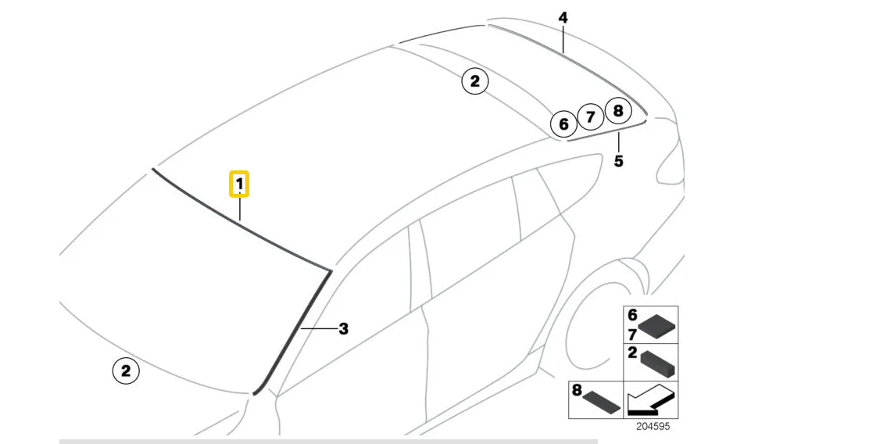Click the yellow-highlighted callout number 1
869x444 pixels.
click(239, 184)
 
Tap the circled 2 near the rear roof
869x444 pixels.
click(474, 81)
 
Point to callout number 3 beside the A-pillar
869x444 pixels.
click(343, 329)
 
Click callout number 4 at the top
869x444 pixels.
click(563, 17)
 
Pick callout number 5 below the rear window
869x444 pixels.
click(618, 161)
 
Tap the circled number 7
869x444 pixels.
click(590, 118)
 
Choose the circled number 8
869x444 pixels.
click(617, 111)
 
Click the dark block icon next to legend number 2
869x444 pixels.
click(658, 364)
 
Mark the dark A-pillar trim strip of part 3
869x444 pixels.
click(293, 329)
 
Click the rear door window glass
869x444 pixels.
click(469, 242)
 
